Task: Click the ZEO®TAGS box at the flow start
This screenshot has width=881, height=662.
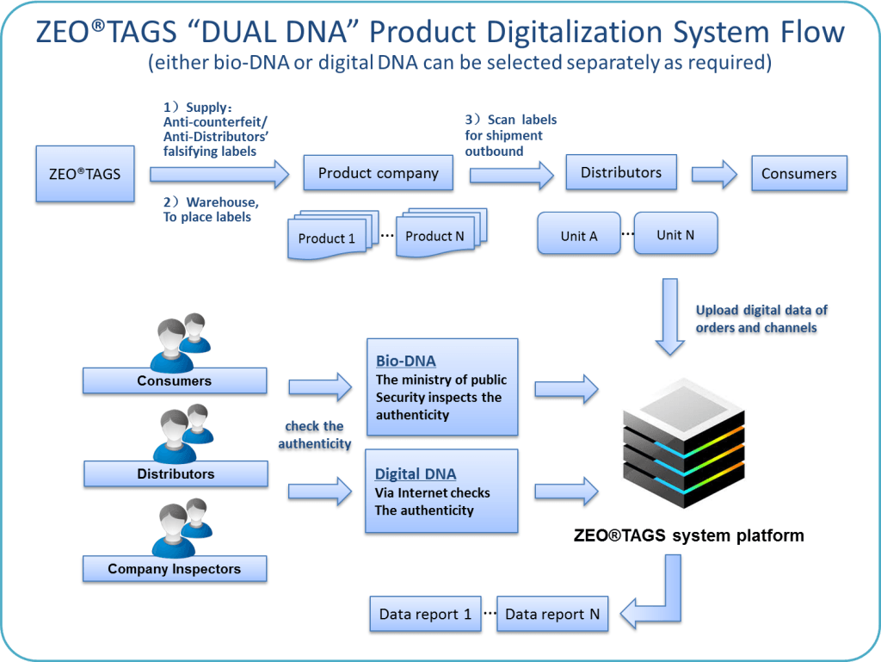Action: pos(84,174)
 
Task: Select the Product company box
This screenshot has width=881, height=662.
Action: pos(379,173)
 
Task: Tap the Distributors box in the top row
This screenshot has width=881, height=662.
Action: pos(620,172)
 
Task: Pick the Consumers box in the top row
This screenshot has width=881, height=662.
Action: pos(798,173)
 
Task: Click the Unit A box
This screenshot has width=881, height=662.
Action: pos(578,236)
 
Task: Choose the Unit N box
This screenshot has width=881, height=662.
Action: pos(675,234)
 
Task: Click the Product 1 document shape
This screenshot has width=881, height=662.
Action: pos(328,238)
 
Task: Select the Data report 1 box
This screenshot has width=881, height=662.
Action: pos(425,614)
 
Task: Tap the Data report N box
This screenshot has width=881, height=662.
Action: pos(552,614)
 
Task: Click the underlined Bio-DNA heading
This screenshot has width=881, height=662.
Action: pos(406,361)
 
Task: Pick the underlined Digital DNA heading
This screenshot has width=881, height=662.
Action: pos(416,474)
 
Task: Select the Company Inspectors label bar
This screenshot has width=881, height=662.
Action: pos(175,569)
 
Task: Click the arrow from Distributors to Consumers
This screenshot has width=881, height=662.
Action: pos(714,174)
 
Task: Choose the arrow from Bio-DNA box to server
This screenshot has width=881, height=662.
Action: pos(565,387)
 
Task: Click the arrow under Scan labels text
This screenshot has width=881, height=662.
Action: pos(511,175)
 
